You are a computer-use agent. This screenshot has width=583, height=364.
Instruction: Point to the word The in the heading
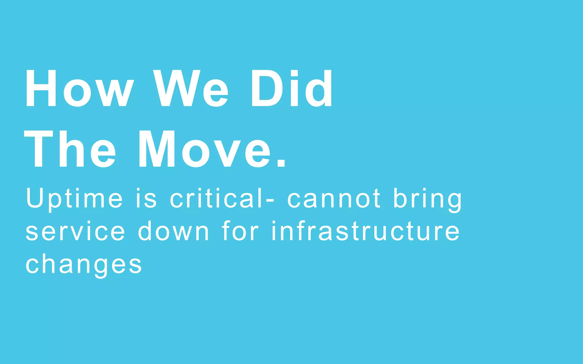(70, 149)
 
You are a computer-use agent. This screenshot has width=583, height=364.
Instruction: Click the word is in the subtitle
(146, 198)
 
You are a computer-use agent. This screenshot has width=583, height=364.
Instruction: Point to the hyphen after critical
(270, 200)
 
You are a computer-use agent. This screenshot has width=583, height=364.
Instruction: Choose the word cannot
(334, 198)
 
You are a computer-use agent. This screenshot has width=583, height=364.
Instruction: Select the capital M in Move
(156, 149)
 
